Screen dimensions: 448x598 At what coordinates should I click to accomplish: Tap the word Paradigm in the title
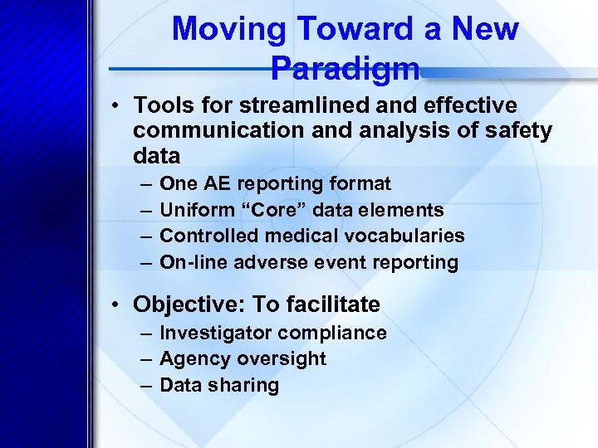345,68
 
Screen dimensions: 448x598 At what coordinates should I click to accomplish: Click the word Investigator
215,333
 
